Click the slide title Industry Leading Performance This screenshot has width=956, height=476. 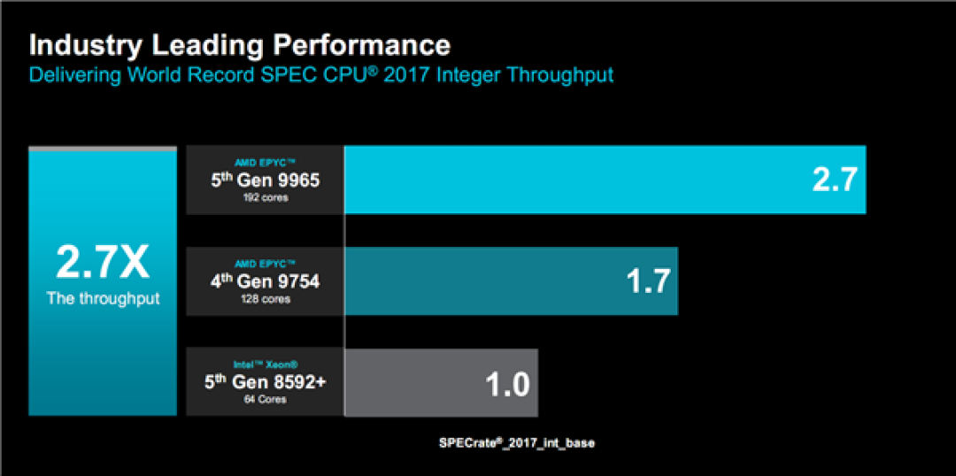pyautogui.click(x=240, y=45)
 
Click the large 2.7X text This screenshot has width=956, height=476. pyautogui.click(x=103, y=263)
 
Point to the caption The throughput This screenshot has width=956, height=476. pyautogui.click(x=103, y=299)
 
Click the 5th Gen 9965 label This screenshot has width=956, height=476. pyautogui.click(x=264, y=181)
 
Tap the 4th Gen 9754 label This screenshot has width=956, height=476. pyautogui.click(x=264, y=282)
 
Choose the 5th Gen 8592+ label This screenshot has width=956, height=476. pyautogui.click(x=264, y=383)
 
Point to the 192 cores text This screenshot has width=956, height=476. pyautogui.click(x=264, y=198)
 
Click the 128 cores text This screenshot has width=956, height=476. pyautogui.click(x=264, y=299)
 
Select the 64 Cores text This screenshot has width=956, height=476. pyautogui.click(x=264, y=400)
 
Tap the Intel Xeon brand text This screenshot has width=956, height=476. pyautogui.click(x=264, y=365)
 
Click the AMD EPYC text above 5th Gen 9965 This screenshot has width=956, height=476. pyautogui.click(x=265, y=164)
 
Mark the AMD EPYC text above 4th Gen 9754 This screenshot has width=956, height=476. pyautogui.click(x=265, y=265)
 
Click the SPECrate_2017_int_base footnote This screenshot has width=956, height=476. pyautogui.click(x=517, y=443)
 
